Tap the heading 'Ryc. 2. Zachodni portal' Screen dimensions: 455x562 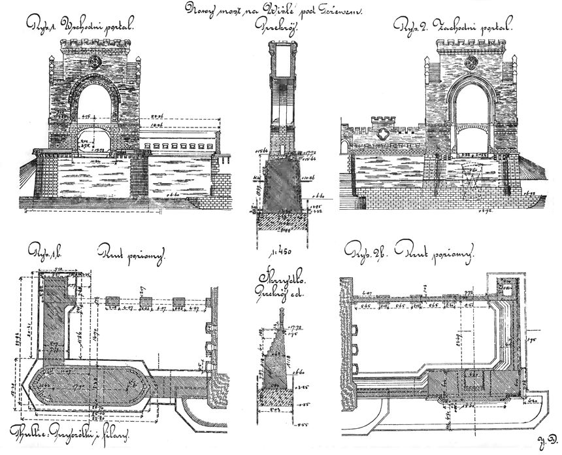[455, 27]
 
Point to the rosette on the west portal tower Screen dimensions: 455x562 [471, 61]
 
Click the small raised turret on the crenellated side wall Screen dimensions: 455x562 [384, 122]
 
